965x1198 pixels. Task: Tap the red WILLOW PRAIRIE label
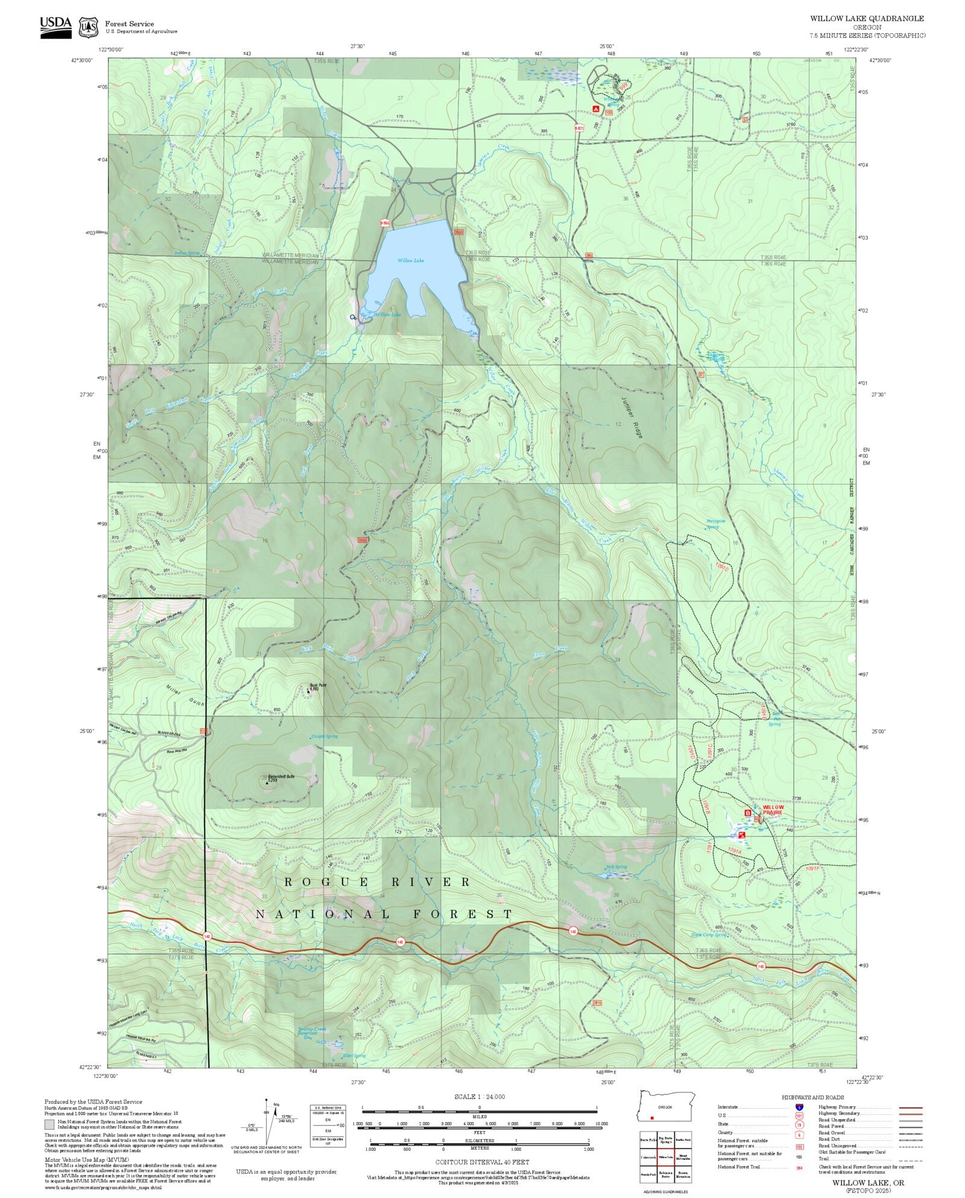click(773, 810)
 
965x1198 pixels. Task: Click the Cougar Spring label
click(324, 736)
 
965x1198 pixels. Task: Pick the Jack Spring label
click(616, 867)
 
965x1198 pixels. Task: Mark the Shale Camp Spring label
click(709, 935)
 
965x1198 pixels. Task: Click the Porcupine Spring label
click(715, 524)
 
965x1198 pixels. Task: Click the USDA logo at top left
click(55, 27)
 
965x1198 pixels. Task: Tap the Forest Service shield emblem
click(89, 27)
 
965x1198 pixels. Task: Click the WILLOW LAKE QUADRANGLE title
click(866, 19)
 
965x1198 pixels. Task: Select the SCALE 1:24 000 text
click(479, 1097)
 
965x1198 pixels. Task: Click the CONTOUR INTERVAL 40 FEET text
click(482, 1162)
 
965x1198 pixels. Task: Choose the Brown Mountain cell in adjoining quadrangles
click(683, 1174)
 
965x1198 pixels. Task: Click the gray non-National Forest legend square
click(49, 1124)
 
